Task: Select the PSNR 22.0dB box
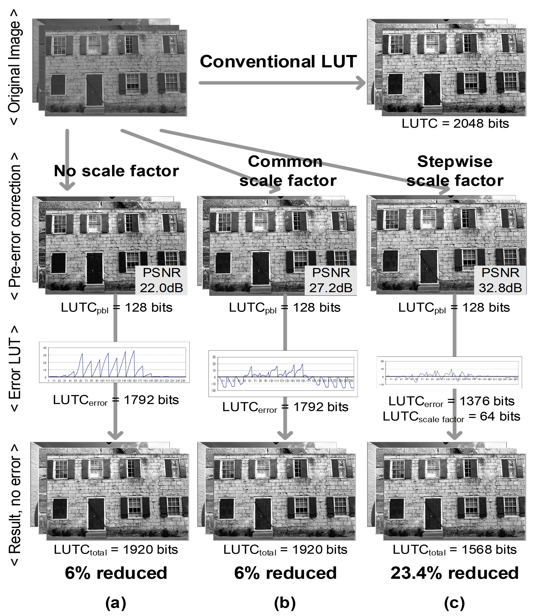pyautogui.click(x=162, y=280)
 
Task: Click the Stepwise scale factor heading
pyautogui.click(x=455, y=171)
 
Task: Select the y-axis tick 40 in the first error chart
pyautogui.click(x=45, y=348)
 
